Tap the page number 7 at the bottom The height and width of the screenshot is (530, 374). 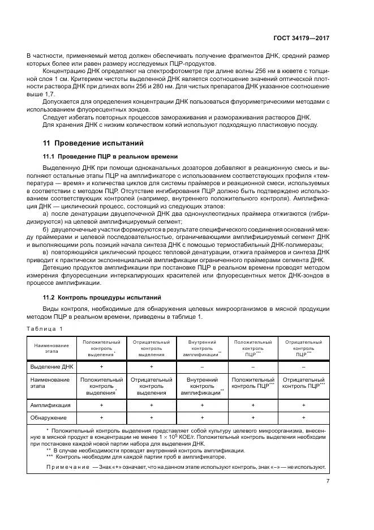click(328, 481)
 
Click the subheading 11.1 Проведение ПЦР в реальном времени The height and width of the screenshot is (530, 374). click(110, 156)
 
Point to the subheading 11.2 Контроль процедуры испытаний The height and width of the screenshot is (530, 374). click(102, 297)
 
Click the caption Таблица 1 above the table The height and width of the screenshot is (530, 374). click(46, 328)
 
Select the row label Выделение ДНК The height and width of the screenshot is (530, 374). click(51, 367)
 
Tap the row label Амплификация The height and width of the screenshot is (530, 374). click(51, 405)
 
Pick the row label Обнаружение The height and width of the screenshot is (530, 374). click(50, 417)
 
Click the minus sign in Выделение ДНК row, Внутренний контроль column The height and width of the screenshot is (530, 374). click(202, 367)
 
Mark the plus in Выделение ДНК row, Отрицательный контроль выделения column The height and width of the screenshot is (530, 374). click(151, 367)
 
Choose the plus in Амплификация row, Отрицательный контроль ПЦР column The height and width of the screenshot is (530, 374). click(303, 405)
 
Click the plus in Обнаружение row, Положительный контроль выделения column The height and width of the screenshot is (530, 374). click(101, 417)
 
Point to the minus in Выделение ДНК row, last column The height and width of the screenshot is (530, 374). click(303, 367)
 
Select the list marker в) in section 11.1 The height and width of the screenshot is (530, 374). click(46, 251)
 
